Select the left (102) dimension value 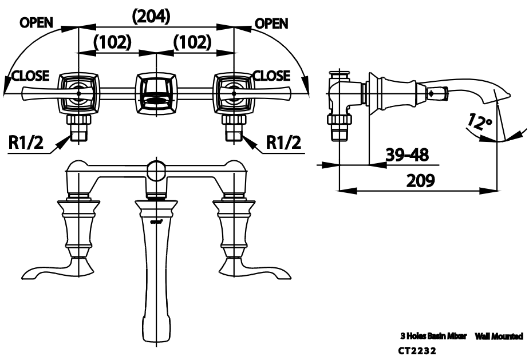pos(113,42)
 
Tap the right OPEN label pos(271,23)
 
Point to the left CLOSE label pos(30,76)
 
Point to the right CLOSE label pos(271,76)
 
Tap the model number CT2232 pos(417,350)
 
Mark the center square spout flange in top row pos(155,92)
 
